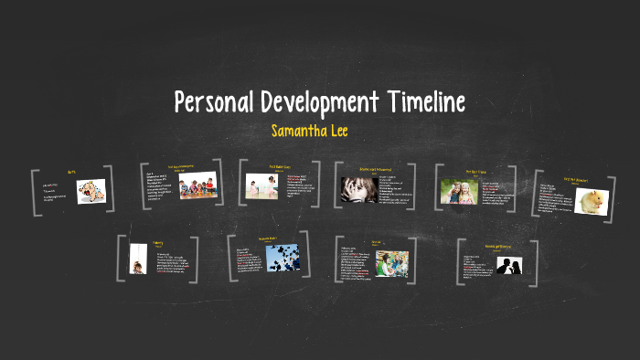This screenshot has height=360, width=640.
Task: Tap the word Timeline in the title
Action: click(x=427, y=101)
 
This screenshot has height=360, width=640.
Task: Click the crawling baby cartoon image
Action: click(x=91, y=191)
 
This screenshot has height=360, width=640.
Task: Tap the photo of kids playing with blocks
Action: click(x=198, y=186)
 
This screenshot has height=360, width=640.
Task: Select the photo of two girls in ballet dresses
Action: click(x=261, y=186)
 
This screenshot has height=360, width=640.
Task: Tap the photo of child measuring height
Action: click(x=137, y=259)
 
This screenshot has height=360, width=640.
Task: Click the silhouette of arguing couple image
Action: click(x=508, y=266)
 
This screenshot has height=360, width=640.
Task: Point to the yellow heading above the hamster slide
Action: click(x=574, y=180)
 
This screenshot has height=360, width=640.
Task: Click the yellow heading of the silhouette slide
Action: click(x=498, y=246)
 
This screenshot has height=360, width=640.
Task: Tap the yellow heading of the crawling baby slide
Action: click(x=71, y=172)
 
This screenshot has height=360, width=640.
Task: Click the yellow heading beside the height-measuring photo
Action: click(x=158, y=244)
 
